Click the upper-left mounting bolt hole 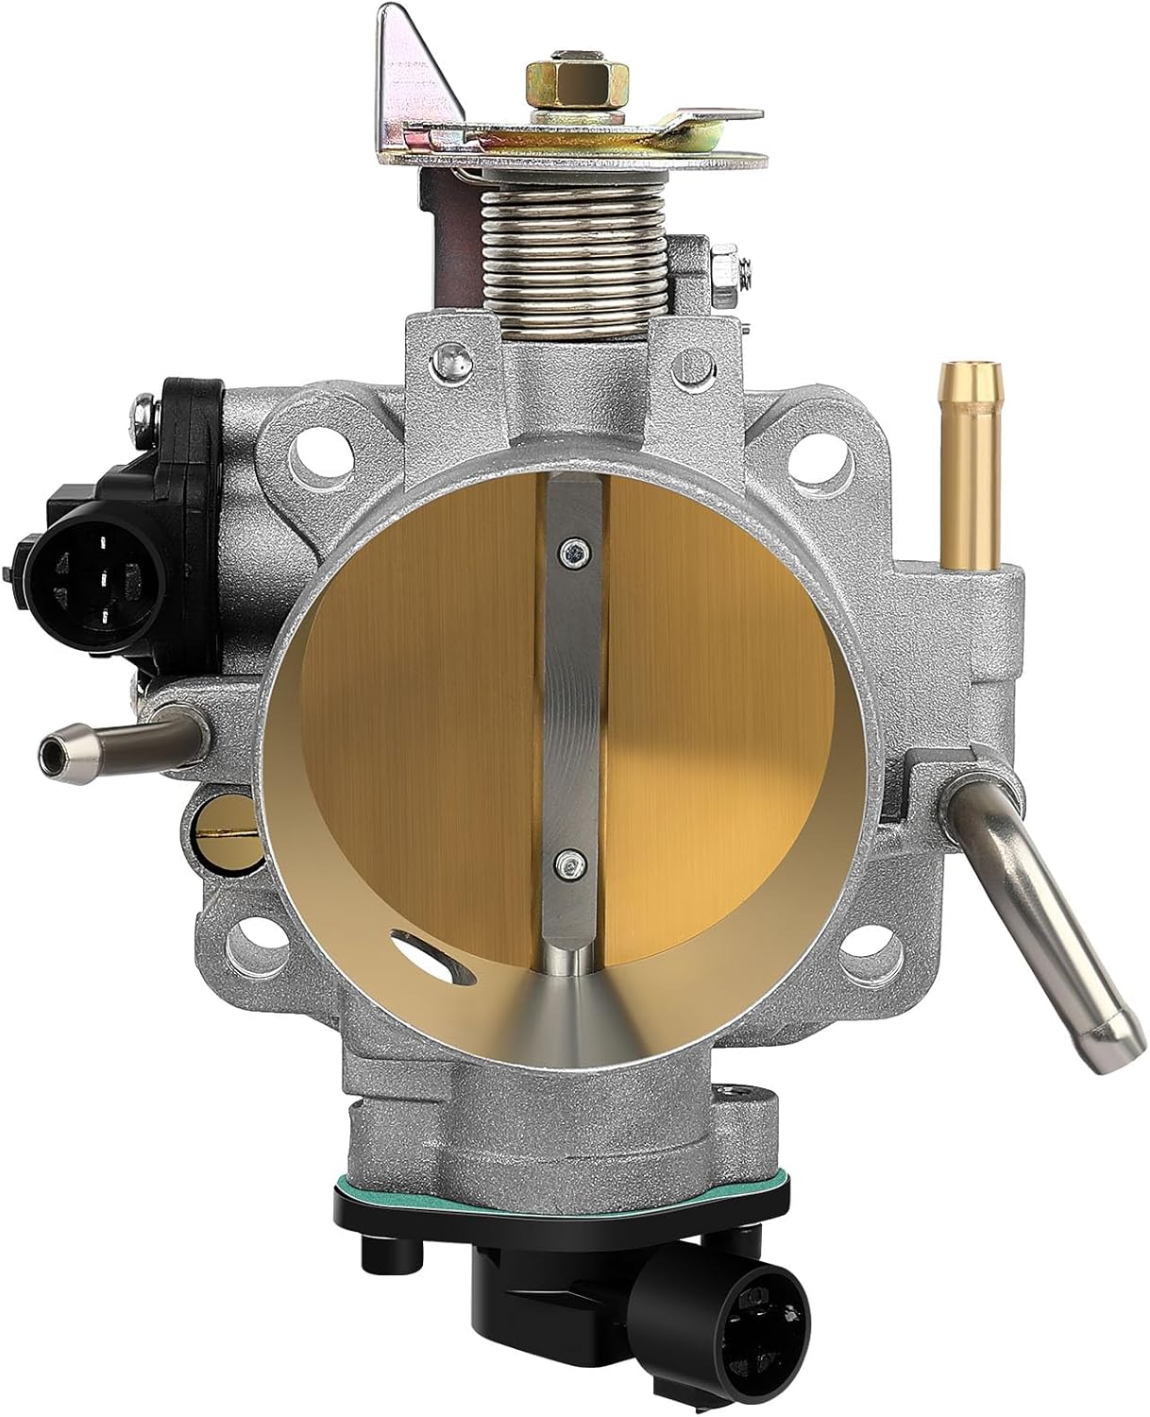pos(309,451)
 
